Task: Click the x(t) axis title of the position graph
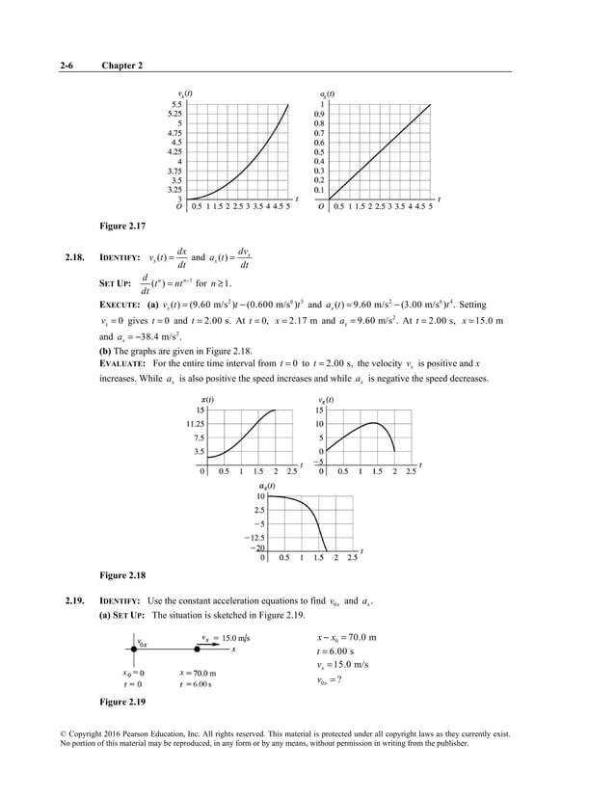tap(207, 399)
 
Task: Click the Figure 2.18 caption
tap(122, 575)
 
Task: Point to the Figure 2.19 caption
tap(122, 699)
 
